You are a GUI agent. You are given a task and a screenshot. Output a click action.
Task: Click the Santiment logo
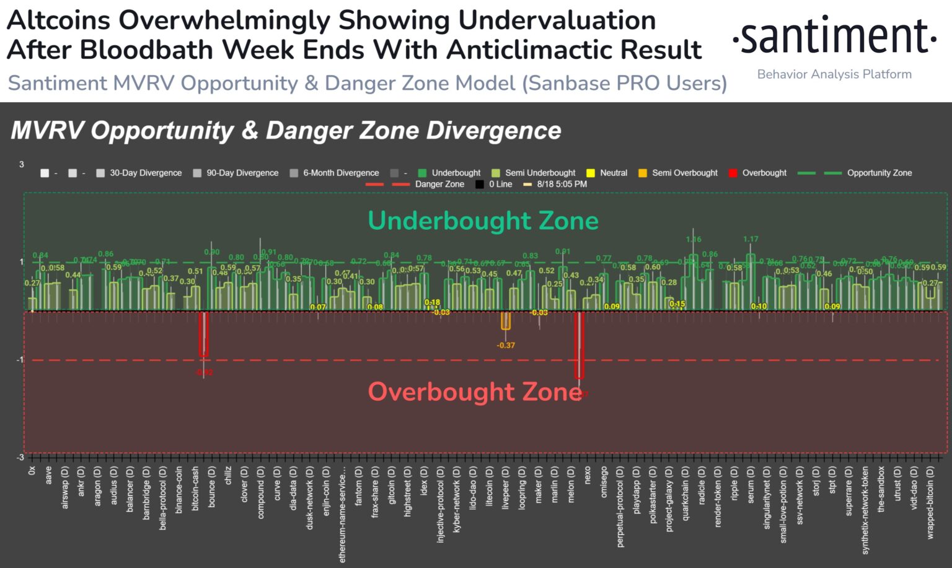[x=834, y=36]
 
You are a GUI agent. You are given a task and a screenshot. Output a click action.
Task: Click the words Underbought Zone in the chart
[x=483, y=221]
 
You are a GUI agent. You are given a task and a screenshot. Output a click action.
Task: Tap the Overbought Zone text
[x=474, y=391]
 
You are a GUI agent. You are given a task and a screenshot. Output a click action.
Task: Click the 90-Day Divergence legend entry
[x=236, y=173]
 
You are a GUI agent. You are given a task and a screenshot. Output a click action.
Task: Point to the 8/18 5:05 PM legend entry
[x=556, y=184]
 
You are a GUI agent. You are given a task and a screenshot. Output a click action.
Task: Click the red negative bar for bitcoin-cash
[x=203, y=334]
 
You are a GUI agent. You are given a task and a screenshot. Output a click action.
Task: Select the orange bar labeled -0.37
[x=506, y=321]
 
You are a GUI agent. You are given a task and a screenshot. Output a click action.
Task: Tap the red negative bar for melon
[x=579, y=345]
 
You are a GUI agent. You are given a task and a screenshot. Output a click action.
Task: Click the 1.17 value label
[x=751, y=239]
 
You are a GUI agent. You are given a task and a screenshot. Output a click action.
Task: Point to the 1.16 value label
[x=694, y=239]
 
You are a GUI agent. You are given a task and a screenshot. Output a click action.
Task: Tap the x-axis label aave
[x=48, y=476]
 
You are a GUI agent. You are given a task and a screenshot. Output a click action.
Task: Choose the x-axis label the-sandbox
[x=881, y=489]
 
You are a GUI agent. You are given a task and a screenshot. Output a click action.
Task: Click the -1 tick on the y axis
[x=20, y=360]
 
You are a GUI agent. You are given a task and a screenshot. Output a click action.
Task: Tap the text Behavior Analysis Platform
[x=834, y=74]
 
